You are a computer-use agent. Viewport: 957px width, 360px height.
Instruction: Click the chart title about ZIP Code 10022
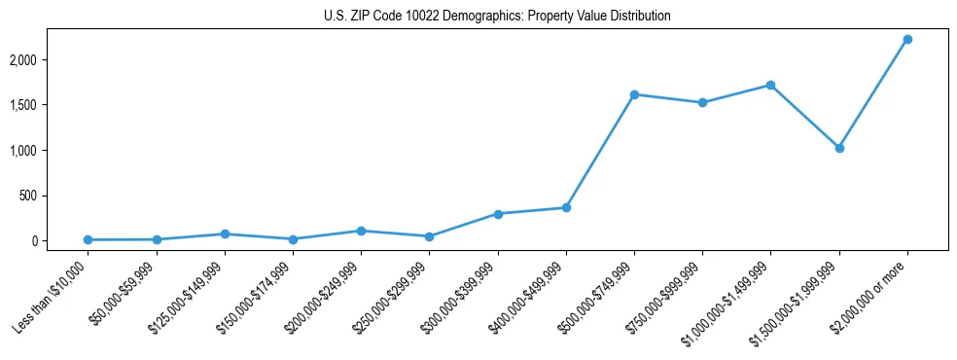497,17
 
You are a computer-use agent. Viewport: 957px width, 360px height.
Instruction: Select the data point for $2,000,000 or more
907,39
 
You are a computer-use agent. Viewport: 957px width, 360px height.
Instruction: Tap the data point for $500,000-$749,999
634,94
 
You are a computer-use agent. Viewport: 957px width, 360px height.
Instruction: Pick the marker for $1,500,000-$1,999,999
839,148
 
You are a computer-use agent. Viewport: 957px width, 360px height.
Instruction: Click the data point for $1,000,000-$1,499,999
770,85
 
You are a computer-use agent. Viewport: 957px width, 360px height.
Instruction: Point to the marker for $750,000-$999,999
702,102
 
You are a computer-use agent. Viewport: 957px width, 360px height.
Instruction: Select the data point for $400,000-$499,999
566,207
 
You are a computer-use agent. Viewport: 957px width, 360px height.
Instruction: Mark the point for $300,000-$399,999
498,214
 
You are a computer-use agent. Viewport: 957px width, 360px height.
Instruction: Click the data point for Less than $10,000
88,239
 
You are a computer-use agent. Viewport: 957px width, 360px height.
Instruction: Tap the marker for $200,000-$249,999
361,231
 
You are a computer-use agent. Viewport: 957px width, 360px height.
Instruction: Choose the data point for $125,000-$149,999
225,234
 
